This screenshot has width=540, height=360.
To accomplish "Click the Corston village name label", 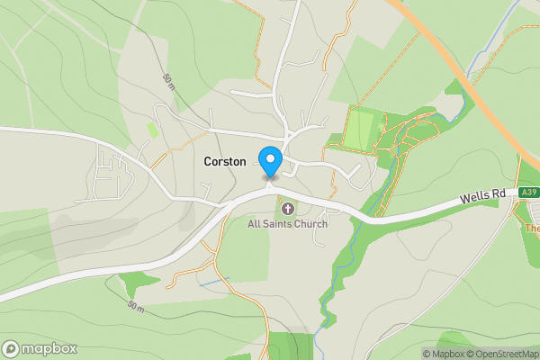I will point(225,162).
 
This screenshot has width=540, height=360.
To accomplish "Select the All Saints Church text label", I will point(288,223).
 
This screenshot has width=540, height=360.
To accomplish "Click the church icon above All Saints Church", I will point(288,209).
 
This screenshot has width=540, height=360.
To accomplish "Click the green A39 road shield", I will point(529,192).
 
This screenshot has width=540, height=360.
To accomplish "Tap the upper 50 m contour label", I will point(167,80).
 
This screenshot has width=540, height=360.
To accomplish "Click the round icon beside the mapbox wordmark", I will point(11,349).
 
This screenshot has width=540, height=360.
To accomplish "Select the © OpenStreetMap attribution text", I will point(503,354).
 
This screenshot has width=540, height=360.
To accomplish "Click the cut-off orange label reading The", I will point(530,229).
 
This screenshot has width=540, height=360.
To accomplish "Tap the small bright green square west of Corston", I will point(152,130).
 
